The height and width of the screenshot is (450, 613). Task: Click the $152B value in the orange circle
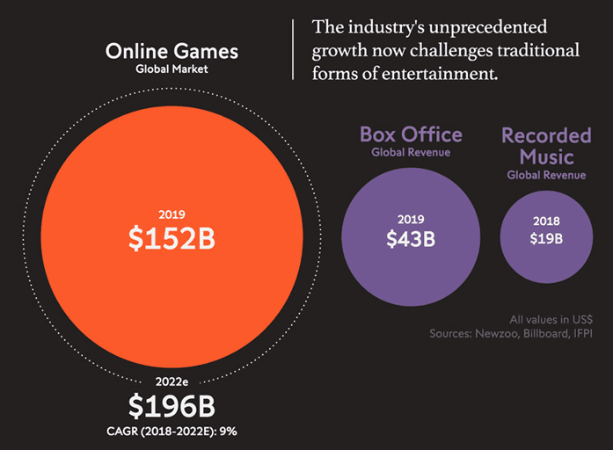[x=171, y=237]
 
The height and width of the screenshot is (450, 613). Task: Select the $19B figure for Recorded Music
[x=545, y=237]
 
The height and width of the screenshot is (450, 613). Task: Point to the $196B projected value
[x=171, y=406]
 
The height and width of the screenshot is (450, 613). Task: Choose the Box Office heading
[x=411, y=134]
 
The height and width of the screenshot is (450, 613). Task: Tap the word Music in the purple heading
[x=545, y=157]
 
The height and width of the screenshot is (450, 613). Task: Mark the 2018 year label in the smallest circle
[x=545, y=221]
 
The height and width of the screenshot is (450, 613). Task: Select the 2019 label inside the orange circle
[x=171, y=214]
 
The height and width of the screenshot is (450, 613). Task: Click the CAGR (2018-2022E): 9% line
[x=171, y=431]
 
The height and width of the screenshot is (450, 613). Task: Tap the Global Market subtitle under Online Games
[x=171, y=69]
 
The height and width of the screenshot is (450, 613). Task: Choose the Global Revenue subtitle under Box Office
[x=411, y=152]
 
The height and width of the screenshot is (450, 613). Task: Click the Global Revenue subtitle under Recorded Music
[x=545, y=175]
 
